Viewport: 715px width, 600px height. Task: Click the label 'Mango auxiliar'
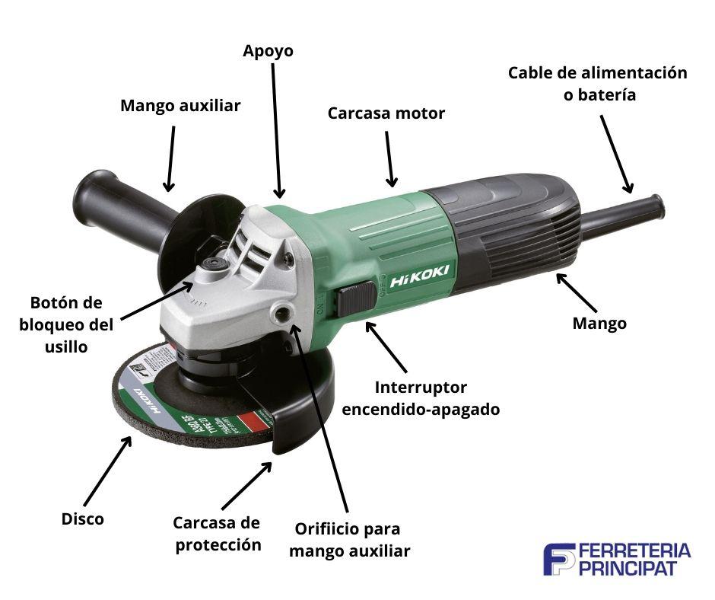pos(180,106)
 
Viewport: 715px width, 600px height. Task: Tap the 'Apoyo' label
pos(268,51)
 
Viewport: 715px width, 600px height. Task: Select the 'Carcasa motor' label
pos(386,113)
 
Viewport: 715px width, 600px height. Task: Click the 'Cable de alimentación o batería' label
pos(598,84)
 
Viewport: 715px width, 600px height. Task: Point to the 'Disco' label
pos(83,519)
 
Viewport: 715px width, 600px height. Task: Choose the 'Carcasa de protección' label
pos(217,534)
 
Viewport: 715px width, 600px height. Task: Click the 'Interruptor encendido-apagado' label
pos(421,398)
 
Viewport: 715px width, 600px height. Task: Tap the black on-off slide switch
pos(358,298)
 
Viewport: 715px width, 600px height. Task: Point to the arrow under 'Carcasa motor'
pos(389,158)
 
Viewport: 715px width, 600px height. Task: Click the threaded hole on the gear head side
pos(285,313)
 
